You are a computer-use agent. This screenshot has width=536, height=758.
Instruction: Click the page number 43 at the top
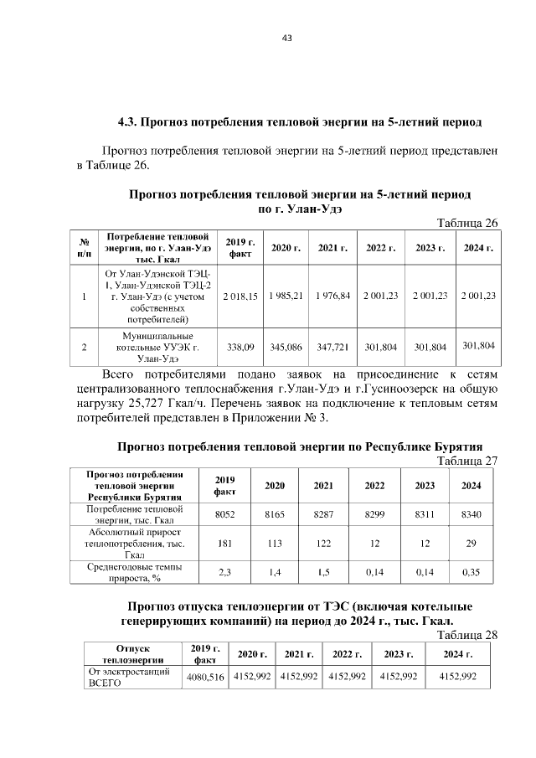click(x=268, y=38)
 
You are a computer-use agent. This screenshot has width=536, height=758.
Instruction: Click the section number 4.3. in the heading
click(x=126, y=122)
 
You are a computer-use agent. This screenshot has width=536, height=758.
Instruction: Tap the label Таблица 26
click(x=469, y=223)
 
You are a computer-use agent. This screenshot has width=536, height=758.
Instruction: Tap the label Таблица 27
click(x=469, y=460)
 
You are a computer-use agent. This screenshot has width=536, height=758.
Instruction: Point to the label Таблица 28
click(x=469, y=634)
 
